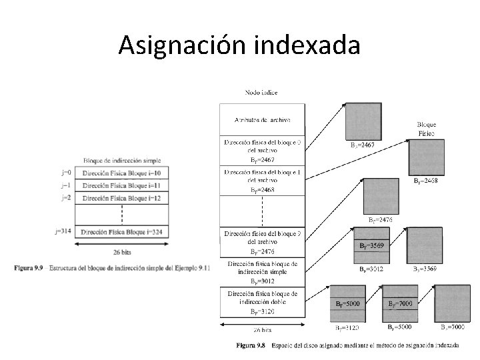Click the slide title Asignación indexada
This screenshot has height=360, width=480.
pos(239,45)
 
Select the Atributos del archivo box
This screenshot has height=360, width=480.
pos(262,120)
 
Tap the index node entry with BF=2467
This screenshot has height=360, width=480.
pos(262,151)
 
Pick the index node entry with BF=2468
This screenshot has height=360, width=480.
pos(262,181)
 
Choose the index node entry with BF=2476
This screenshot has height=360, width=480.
pos(262,243)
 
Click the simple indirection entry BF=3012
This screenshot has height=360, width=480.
pos(262,273)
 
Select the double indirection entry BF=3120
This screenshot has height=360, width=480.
pos(262,302)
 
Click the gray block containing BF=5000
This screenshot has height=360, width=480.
pos(348,303)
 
